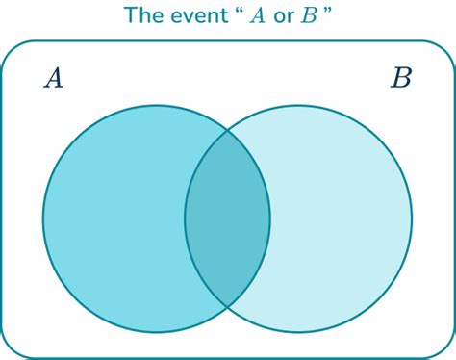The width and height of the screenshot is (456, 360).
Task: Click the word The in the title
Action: [142, 16]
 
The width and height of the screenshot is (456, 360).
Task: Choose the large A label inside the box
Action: [54, 78]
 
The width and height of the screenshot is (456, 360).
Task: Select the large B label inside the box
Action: [400, 78]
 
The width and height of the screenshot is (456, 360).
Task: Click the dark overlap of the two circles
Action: [227, 219]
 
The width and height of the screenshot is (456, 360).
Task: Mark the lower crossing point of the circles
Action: [227, 307]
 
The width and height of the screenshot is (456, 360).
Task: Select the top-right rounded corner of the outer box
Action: [445, 49]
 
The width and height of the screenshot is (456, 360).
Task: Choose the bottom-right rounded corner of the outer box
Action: [445, 349]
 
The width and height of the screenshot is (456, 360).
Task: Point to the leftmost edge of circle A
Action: [42, 219]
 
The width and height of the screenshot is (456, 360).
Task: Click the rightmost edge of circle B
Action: [412, 219]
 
